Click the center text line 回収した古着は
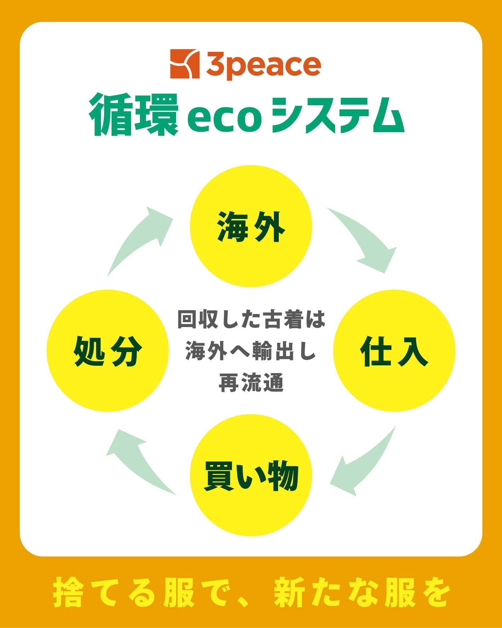click(x=251, y=320)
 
